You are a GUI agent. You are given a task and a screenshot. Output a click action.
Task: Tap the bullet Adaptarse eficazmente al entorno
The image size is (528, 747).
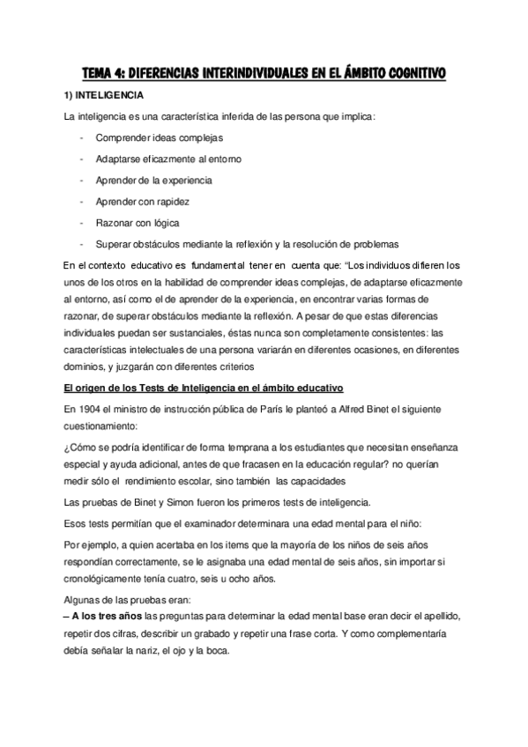[x=169, y=159]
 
